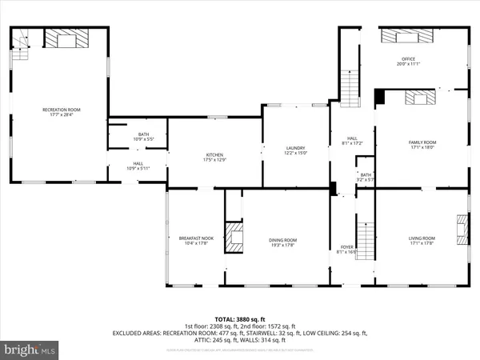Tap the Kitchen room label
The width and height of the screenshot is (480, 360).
point(214,158)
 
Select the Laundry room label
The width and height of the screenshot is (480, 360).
point(296,150)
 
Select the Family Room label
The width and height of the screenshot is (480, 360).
point(421,145)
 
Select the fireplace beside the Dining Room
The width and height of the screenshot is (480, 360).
point(233,238)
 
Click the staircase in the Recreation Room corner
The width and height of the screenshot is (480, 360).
point(19,44)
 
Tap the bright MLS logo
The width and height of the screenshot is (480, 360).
point(30,350)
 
